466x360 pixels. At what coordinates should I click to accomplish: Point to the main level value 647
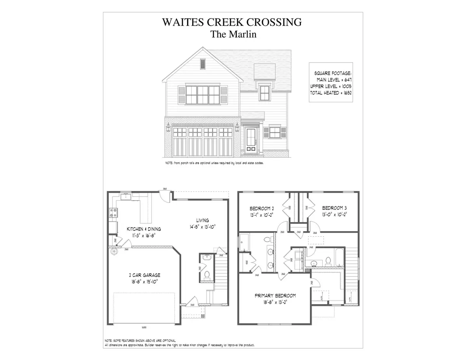click(x=347, y=80)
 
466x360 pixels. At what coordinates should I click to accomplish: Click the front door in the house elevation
click(x=251, y=141)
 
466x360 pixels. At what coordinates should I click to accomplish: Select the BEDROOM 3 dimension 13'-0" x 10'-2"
click(x=334, y=214)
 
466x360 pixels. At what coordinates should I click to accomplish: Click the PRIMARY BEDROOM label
click(x=275, y=296)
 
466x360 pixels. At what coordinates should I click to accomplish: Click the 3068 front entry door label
click(x=192, y=305)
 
